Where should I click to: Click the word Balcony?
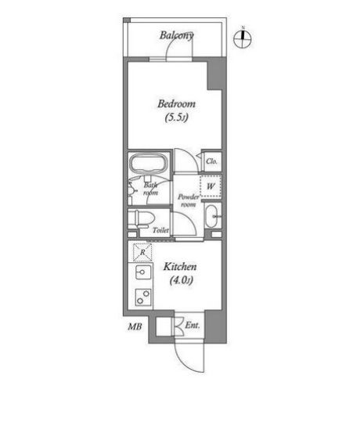[x=177, y=34]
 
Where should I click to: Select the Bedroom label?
[x=176, y=104]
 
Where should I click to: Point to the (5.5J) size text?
[x=176, y=118]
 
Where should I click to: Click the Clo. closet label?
[x=211, y=162]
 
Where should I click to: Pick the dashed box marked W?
[x=211, y=186]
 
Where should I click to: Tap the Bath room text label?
[x=150, y=188]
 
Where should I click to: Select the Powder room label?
[x=188, y=200]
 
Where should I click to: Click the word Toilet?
[x=160, y=231]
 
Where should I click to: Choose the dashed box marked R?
[x=142, y=252]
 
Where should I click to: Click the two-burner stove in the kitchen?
[x=142, y=298]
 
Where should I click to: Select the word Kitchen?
[x=179, y=267]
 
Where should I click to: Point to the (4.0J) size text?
[x=178, y=281]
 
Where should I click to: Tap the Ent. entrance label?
[x=193, y=324]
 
